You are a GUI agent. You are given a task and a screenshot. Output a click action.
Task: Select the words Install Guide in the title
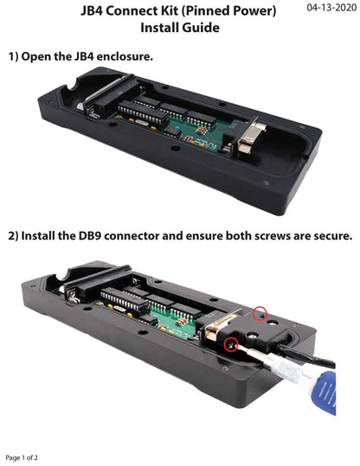[x=179, y=28]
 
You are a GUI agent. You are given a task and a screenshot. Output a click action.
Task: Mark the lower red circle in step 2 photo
[x=230, y=346]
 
